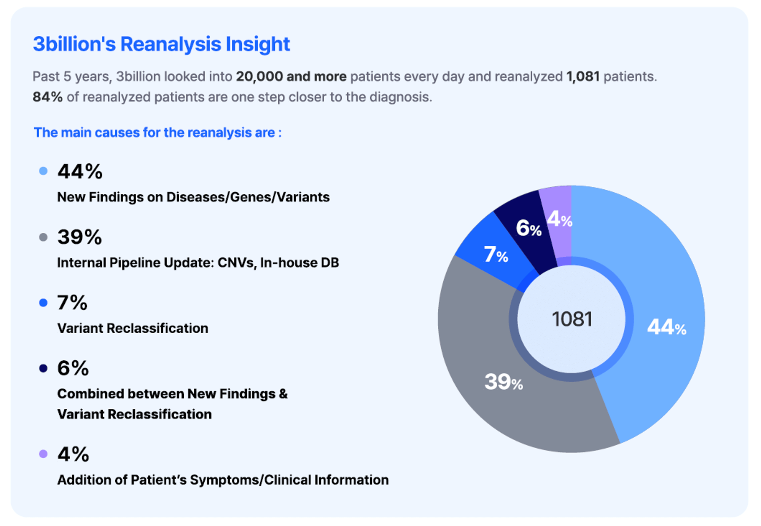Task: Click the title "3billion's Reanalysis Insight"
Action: [x=161, y=44]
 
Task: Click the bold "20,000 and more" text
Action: [x=291, y=77]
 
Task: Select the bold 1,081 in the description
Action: [x=583, y=77]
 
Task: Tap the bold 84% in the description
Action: [x=48, y=97]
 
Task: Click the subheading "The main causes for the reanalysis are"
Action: [x=158, y=133]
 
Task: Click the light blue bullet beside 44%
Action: [x=43, y=171]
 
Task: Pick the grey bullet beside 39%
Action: [x=43, y=237]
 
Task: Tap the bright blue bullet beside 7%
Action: [x=43, y=303]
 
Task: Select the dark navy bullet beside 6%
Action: [x=43, y=368]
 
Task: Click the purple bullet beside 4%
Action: [x=43, y=454]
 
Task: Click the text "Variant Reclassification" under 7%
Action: [x=132, y=328]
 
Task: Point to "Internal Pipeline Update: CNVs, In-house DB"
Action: [x=198, y=263]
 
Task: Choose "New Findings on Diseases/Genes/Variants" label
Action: [x=193, y=197]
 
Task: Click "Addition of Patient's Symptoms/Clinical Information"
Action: [x=223, y=480]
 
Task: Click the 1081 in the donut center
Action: [x=572, y=319]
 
